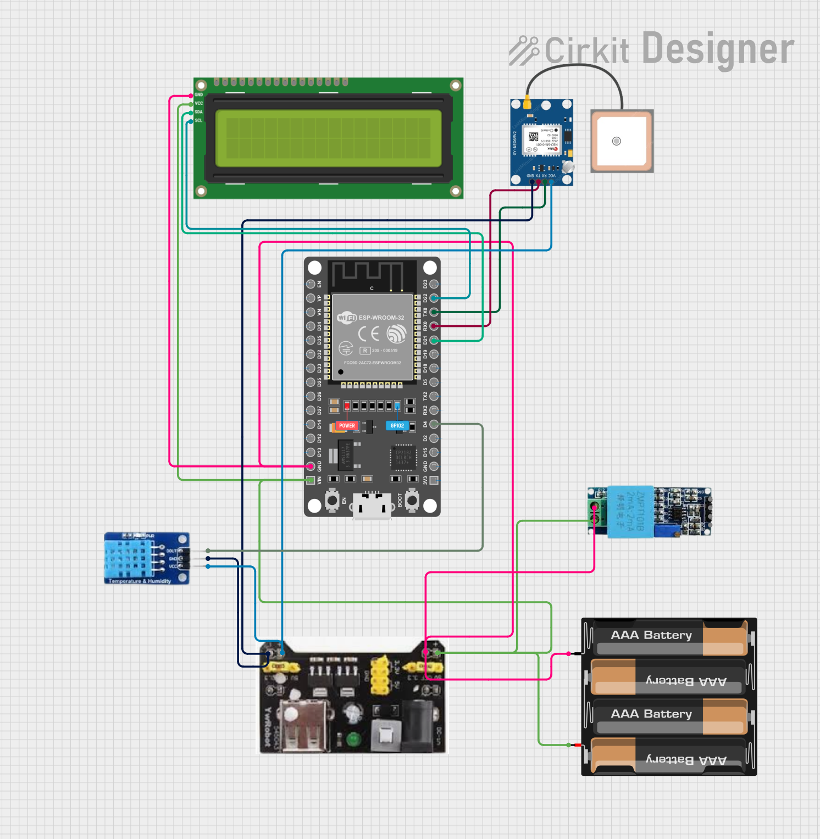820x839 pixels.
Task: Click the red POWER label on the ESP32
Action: pyautogui.click(x=347, y=426)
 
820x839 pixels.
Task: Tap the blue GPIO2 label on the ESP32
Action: pyautogui.click(x=397, y=426)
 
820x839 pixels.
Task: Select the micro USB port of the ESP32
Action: pyautogui.click(x=372, y=504)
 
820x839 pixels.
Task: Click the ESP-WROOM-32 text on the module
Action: pyautogui.click(x=381, y=318)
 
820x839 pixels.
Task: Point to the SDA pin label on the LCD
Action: pyautogui.click(x=198, y=112)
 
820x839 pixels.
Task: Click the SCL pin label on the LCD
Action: pyautogui.click(x=198, y=120)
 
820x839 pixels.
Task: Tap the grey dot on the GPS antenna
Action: pyautogui.click(x=617, y=141)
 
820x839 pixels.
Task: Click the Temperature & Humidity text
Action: pyautogui.click(x=140, y=581)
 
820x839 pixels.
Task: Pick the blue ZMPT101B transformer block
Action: pyautogui.click(x=630, y=511)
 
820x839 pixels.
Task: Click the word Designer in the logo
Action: pyautogui.click(x=718, y=49)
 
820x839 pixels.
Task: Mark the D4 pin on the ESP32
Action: pyautogui.click(x=434, y=424)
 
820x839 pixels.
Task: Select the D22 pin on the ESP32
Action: pyautogui.click(x=434, y=298)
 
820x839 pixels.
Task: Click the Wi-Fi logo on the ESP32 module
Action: pyautogui.click(x=347, y=318)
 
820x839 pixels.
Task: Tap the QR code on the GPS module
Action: pyautogui.click(x=534, y=136)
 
